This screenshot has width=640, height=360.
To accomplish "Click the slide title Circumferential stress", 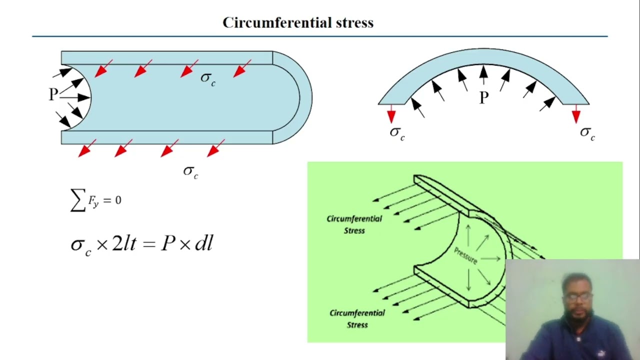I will (x=298, y=22).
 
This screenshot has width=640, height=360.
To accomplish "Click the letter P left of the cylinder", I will (x=53, y=94).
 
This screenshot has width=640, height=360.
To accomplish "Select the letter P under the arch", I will (x=483, y=97).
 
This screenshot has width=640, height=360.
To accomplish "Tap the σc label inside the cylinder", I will (x=208, y=78).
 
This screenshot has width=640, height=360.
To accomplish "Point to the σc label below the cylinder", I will (x=190, y=171).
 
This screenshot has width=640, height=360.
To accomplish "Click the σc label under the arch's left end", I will (x=397, y=133).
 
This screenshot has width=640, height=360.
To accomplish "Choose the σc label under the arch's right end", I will (x=587, y=133).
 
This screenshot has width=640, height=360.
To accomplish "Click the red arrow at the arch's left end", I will (x=391, y=114).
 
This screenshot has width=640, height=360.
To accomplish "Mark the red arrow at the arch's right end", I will (x=576, y=114).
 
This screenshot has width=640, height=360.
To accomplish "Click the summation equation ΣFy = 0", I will (x=96, y=200).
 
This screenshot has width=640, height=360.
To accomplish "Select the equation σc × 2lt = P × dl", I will (x=142, y=244).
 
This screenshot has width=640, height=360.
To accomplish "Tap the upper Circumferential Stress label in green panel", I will (x=354, y=224).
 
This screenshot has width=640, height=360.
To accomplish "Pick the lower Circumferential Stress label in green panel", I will (x=357, y=318).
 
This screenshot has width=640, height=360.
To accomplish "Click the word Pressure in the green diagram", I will (x=465, y=255).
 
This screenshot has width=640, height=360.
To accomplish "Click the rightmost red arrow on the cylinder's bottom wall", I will (x=216, y=147).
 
